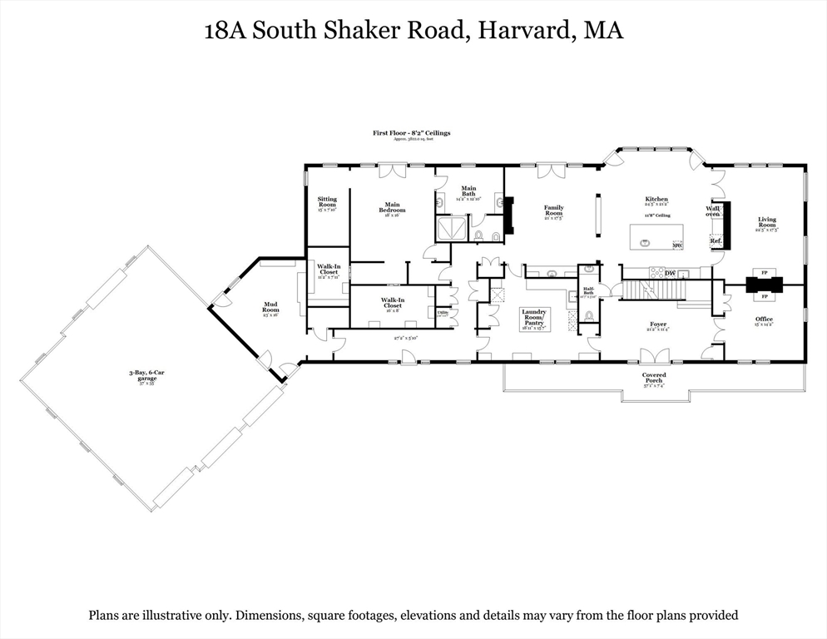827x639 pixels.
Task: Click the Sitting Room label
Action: click(327, 202)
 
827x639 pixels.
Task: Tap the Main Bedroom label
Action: click(392, 207)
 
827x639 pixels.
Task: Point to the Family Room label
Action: click(553, 211)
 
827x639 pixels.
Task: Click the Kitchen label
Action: click(656, 200)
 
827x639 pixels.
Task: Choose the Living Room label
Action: click(766, 222)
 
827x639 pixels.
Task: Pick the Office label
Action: click(764, 319)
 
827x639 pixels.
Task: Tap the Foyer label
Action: click(658, 325)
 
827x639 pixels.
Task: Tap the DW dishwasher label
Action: click(669, 273)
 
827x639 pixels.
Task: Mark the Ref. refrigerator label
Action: click(715, 241)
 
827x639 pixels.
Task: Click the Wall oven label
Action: click(713, 211)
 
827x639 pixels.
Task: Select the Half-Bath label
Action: click(587, 291)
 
